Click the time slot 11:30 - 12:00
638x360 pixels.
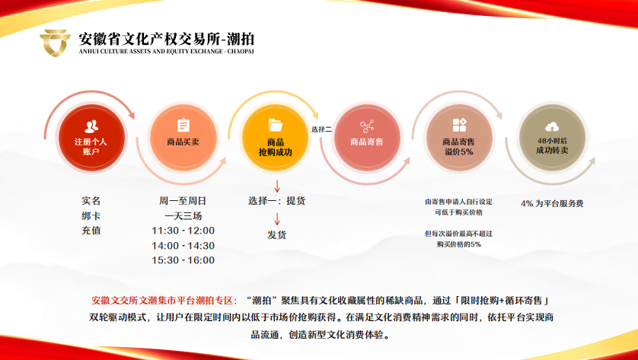(x=183, y=231)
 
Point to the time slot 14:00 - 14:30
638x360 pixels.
(x=183, y=246)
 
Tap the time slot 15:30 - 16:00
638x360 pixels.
(x=183, y=260)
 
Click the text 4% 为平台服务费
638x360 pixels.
(x=552, y=204)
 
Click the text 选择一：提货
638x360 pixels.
(x=276, y=201)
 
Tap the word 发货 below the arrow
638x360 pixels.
(x=276, y=234)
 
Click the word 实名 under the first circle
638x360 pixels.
(x=91, y=201)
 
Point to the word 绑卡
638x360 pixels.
(x=91, y=215)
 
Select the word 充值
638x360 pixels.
(x=91, y=230)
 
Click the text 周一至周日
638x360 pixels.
(x=183, y=201)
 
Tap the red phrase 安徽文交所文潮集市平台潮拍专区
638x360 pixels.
(x=164, y=301)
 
